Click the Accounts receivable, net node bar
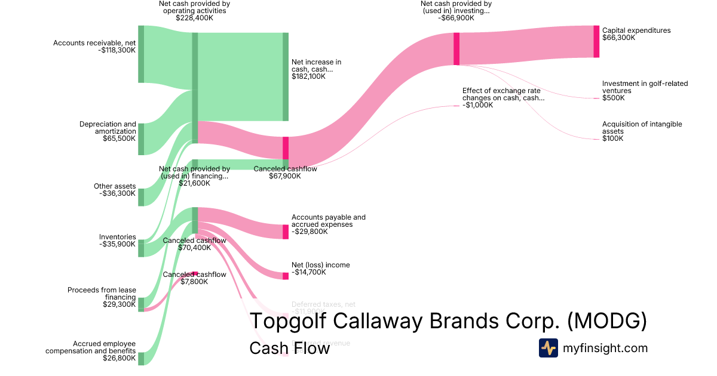coord(141,54)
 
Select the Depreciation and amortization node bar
coord(141,139)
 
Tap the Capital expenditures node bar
coord(596,42)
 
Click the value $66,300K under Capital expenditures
coord(618,38)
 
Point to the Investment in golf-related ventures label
coord(645,87)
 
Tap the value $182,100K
coord(308,76)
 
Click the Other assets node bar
coord(141,197)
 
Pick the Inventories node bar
coord(141,248)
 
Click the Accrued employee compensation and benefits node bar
coord(141,358)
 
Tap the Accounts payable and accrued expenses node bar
coord(286,232)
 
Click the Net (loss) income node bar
coord(286,276)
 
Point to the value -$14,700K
coord(309,272)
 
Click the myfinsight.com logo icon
coord(548,348)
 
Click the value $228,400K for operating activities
coord(194,18)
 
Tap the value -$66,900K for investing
coord(456,18)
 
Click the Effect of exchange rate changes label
coord(503,94)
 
